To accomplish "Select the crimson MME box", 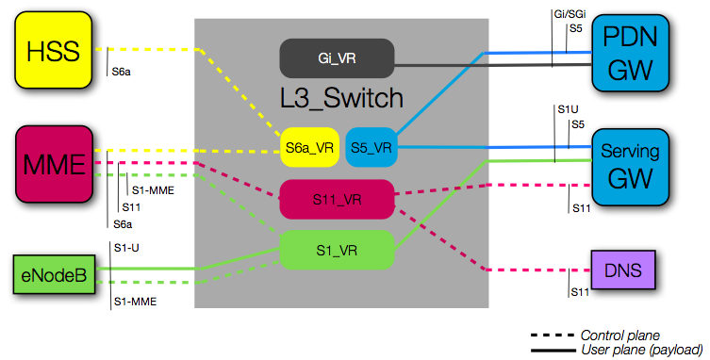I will coord(53,165).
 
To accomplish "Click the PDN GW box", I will coord(629,57).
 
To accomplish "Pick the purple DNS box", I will coord(623,271).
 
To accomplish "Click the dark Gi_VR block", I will coord(336,58).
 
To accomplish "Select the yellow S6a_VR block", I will coord(310,147).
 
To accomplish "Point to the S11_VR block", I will coord(336,200).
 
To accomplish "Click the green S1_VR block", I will coord(336,252).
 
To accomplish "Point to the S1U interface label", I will coord(568,109).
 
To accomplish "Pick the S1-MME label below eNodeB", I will coord(133,302).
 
